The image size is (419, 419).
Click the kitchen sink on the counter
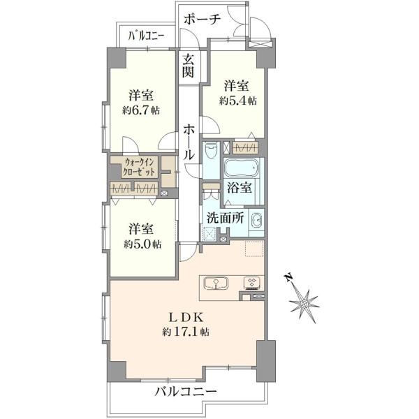pyautogui.click(x=216, y=284)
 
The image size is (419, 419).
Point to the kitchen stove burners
pyautogui.click(x=251, y=284)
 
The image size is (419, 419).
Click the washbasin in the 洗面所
pyautogui.click(x=256, y=221)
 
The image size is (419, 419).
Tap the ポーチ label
pyautogui.click(x=203, y=20)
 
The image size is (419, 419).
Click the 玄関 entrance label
pyautogui.click(x=188, y=66)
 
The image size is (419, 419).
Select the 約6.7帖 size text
pyautogui.click(x=141, y=110)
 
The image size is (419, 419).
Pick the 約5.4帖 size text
pyautogui.click(x=238, y=101)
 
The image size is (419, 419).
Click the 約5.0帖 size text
pyautogui.click(x=142, y=244)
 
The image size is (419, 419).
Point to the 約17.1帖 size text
pyautogui.click(x=186, y=332)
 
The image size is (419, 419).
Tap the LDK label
pyautogui.click(x=186, y=318)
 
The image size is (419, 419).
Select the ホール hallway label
pyautogui.click(x=189, y=142)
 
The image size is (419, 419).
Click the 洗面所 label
pyautogui.click(x=226, y=219)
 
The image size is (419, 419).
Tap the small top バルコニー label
pyautogui.click(x=146, y=36)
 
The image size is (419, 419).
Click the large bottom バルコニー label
pyautogui.click(x=186, y=392)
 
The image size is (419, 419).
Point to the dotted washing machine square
pyautogui.click(x=210, y=234)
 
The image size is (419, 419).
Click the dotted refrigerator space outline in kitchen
pyautogui.click(x=254, y=249)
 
